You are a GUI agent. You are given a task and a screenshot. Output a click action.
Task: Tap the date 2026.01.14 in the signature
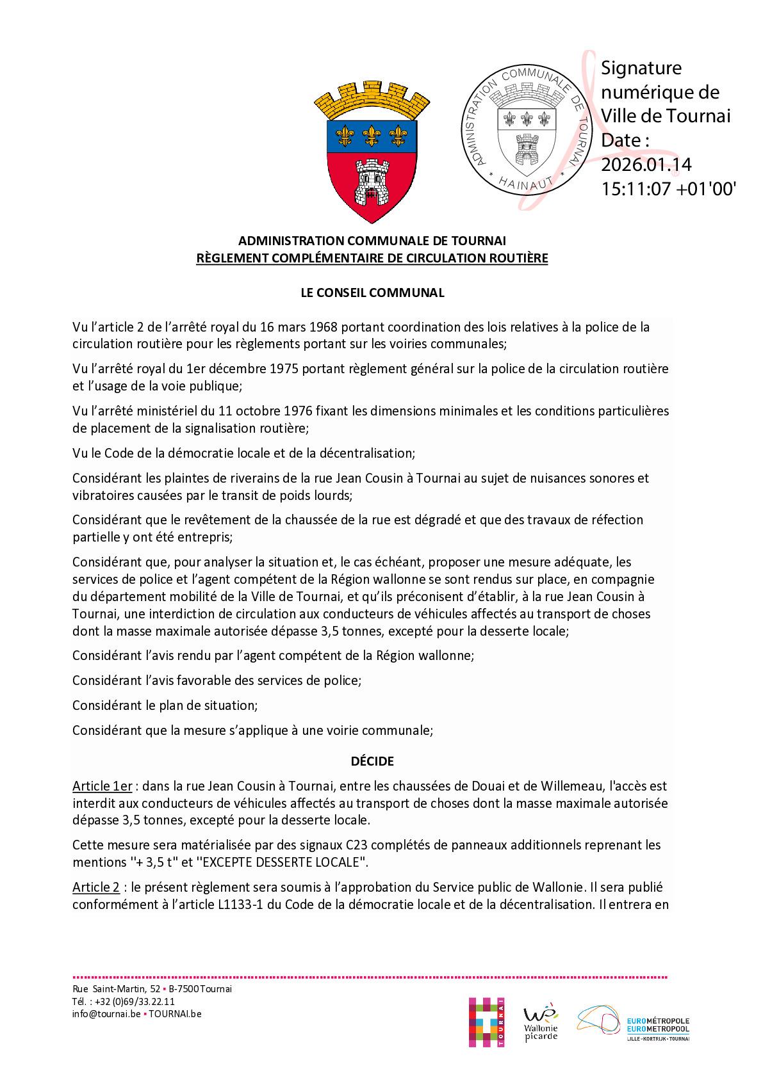pos(646,165)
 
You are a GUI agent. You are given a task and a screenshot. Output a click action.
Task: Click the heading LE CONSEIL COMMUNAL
pos(372,293)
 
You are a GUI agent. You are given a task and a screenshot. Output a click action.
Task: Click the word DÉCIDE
pos(372,761)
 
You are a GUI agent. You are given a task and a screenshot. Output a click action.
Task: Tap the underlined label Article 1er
pos(102,786)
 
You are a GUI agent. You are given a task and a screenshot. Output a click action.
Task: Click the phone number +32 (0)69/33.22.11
pos(132,1002)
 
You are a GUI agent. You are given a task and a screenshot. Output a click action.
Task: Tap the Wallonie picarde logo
pos(541,1022)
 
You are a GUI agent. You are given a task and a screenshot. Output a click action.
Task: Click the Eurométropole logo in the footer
pos(633,1023)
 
